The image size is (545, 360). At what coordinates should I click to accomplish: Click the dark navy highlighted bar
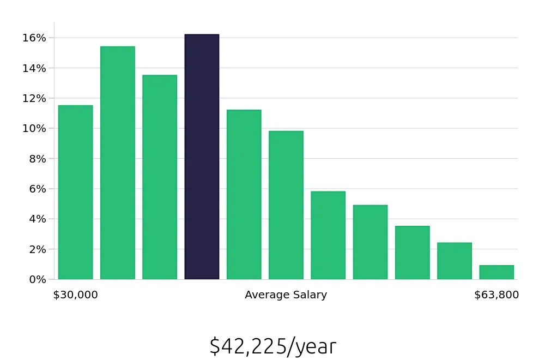(202, 157)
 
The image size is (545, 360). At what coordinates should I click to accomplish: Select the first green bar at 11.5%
(75, 192)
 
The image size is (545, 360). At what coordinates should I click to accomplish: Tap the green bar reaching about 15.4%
(118, 163)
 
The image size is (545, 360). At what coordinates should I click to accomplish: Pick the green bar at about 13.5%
(160, 177)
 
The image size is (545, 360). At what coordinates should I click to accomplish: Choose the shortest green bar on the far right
(496, 272)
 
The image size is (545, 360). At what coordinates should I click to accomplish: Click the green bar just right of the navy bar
(244, 194)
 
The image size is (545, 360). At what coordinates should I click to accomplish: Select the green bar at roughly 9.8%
(286, 205)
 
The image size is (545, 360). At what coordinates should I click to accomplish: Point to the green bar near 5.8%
(328, 235)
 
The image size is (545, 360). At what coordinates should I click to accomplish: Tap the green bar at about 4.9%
(370, 242)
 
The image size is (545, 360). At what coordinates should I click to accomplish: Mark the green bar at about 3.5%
(412, 253)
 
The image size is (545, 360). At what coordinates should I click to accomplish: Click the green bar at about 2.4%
(455, 261)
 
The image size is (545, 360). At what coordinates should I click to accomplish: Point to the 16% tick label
(34, 38)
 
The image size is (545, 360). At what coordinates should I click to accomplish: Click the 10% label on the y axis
(34, 129)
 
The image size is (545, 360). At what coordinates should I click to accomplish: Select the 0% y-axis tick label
(37, 279)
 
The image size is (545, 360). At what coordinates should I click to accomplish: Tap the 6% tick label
(37, 189)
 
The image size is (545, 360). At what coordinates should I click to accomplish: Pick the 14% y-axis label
(34, 68)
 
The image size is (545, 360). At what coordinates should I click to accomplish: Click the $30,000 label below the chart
(75, 295)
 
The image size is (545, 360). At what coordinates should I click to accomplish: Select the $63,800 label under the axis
(496, 295)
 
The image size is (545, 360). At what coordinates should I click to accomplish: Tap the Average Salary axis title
(286, 295)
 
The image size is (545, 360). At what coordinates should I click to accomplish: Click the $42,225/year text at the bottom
(272, 346)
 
